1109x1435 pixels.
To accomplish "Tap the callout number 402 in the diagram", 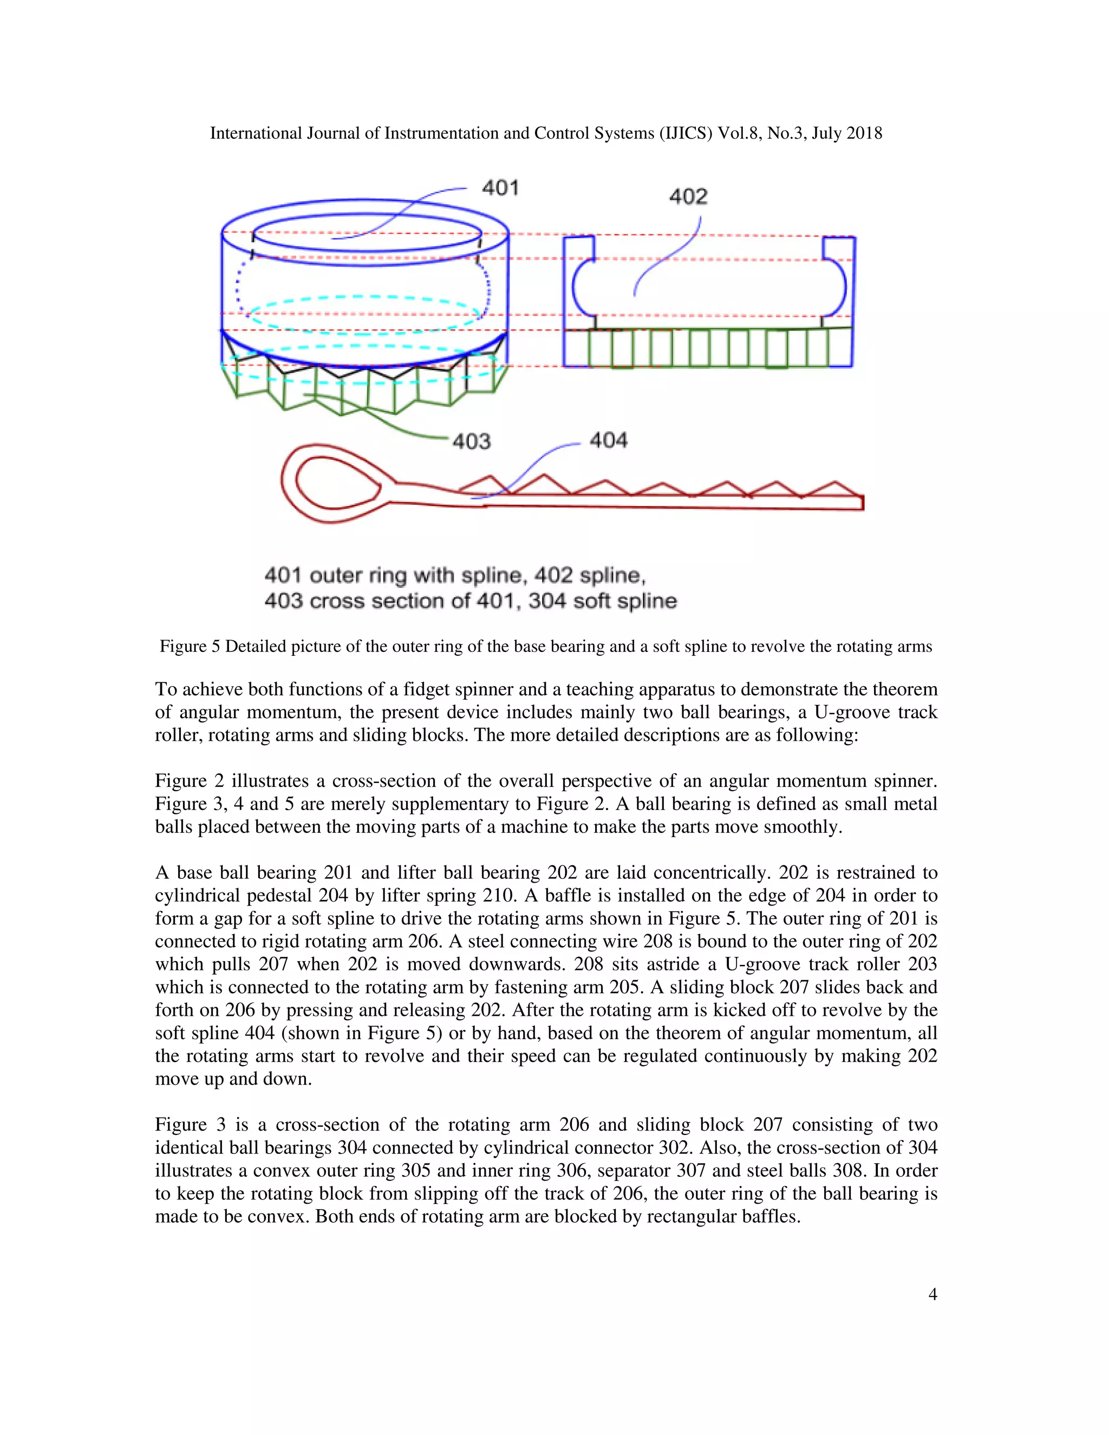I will pos(688,197).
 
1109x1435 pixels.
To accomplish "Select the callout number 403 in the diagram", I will pos(472,441).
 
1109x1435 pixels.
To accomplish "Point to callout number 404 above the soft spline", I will pos(608,440).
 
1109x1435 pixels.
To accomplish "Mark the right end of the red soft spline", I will pos(862,503).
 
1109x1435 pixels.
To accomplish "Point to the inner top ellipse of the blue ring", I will pos(367,233).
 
